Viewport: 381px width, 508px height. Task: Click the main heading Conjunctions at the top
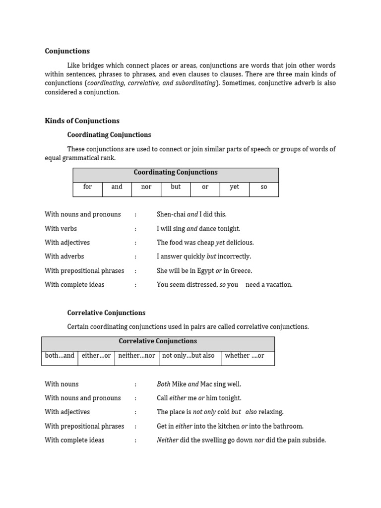pyautogui.click(x=67, y=51)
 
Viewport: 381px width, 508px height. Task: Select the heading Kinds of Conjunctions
pyautogui.click(x=82, y=121)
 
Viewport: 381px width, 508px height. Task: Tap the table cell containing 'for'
pyautogui.click(x=87, y=187)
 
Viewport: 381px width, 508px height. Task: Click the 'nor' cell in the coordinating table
pyautogui.click(x=146, y=187)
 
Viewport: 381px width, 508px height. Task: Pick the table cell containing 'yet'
pyautogui.click(x=234, y=187)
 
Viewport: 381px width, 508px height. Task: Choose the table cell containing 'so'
pyautogui.click(x=263, y=187)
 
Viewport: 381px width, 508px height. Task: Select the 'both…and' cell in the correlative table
pyautogui.click(x=60, y=356)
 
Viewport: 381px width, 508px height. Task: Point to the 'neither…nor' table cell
pyautogui.click(x=136, y=356)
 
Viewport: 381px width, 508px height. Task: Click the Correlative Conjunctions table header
pyautogui.click(x=158, y=341)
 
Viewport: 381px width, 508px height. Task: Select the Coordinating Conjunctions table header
pyautogui.click(x=176, y=173)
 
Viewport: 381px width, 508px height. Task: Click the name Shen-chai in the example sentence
pyautogui.click(x=171, y=215)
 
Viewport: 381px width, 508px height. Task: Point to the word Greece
pyautogui.click(x=241, y=271)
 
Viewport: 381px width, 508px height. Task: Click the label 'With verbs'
pyautogui.click(x=61, y=229)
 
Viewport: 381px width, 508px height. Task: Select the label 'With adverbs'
pyautogui.click(x=64, y=256)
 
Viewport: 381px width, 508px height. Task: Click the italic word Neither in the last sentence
pyautogui.click(x=167, y=440)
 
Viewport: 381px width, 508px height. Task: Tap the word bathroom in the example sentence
pyautogui.click(x=289, y=426)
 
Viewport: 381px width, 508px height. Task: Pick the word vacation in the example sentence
pyautogui.click(x=278, y=285)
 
